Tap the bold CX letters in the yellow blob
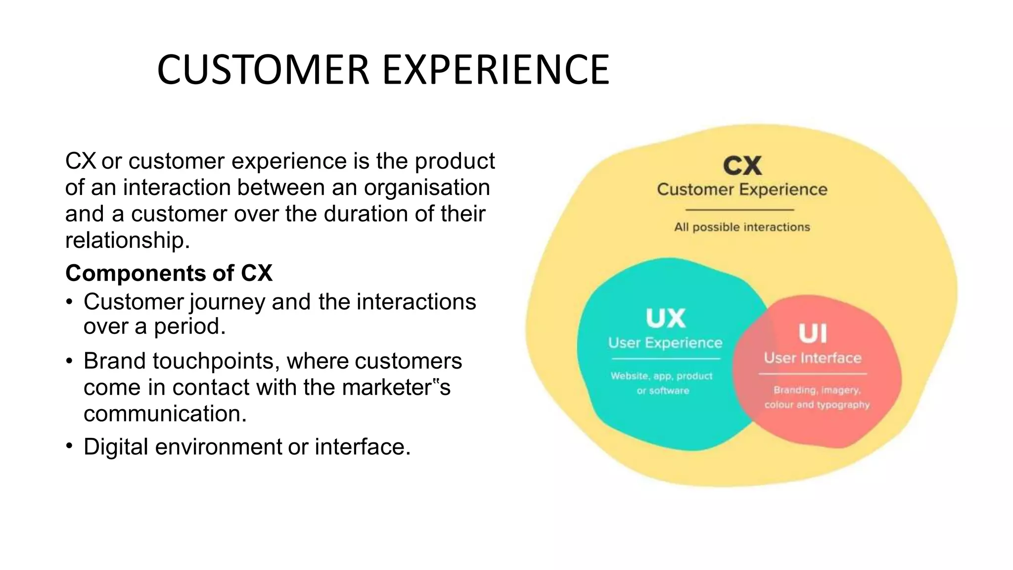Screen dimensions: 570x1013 [x=742, y=166]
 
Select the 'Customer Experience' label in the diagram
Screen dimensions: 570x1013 [x=742, y=190]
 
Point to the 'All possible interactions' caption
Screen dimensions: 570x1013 [x=742, y=227]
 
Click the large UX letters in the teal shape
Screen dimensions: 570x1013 [x=665, y=319]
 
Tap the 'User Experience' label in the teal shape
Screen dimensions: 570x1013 [x=665, y=343]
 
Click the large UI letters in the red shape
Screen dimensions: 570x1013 [x=813, y=334]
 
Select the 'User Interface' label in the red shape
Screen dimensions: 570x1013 [x=813, y=358]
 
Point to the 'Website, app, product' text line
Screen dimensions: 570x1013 [x=662, y=376]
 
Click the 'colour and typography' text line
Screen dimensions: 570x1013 [x=817, y=405]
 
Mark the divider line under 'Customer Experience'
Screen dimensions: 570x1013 [x=740, y=210]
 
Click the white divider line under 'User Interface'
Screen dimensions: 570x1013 [x=813, y=374]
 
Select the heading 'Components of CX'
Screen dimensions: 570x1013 [x=169, y=273]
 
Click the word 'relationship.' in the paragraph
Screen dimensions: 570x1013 [x=128, y=240]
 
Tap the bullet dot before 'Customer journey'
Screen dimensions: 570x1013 [x=70, y=302]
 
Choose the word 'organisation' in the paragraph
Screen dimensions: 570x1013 [x=427, y=188]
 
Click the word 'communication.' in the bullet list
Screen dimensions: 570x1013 [x=165, y=414]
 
